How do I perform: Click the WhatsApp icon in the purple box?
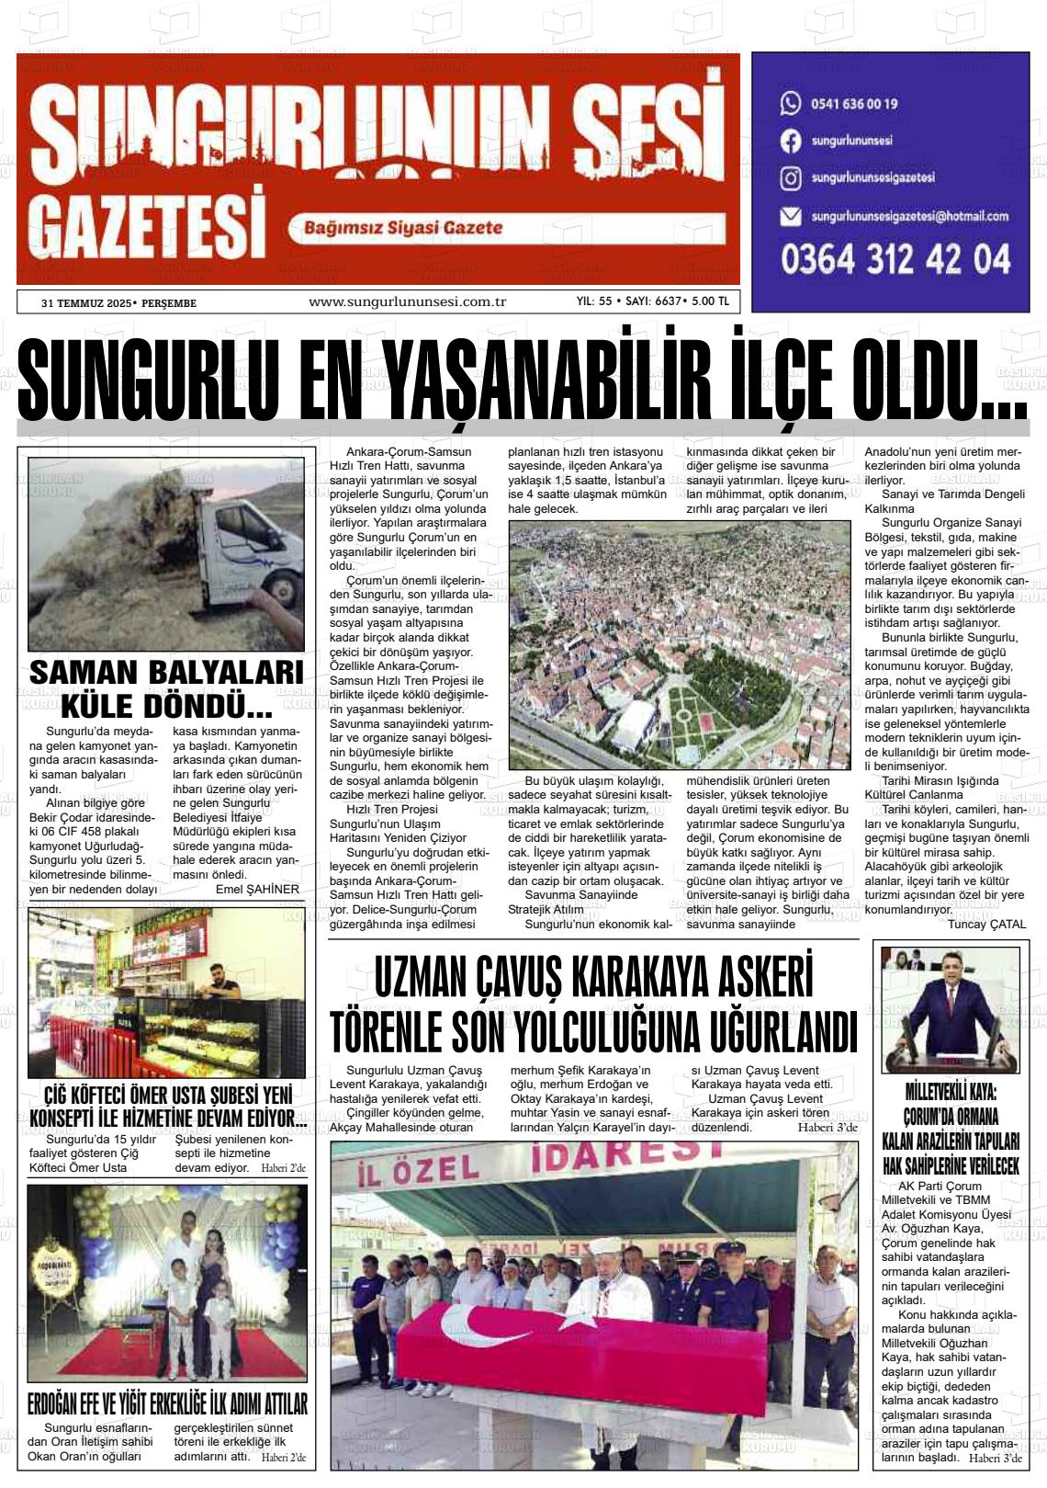pos(790,103)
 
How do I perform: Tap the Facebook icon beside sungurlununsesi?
pos(790,141)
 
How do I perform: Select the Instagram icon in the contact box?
pos(790,177)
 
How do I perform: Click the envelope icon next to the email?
pos(790,217)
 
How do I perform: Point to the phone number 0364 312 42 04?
pos(895,260)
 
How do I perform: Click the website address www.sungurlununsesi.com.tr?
pos(408,301)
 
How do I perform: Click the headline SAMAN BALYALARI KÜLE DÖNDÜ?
pos(166,689)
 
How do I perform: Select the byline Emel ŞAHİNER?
pos(257,889)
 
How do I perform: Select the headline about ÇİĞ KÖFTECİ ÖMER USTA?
pos(167,1107)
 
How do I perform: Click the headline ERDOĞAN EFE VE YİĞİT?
pos(167,1403)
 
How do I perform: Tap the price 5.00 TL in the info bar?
pos(710,301)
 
